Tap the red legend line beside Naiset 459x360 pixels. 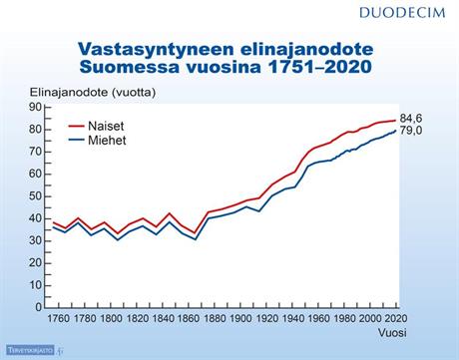pos(80,127)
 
